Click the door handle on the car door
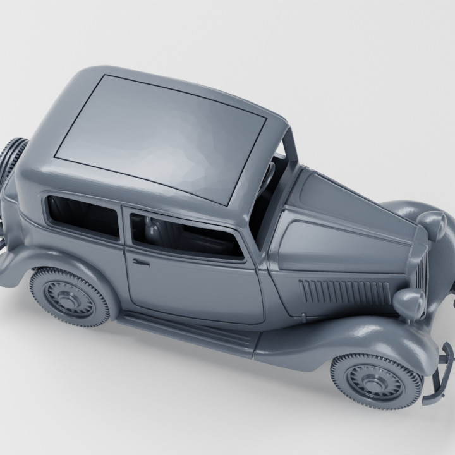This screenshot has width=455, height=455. [140, 261]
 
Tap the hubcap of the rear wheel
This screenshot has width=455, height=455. [71, 296]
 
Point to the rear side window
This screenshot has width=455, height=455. [83, 217]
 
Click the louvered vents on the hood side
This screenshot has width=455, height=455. [344, 292]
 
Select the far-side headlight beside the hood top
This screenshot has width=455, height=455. [435, 225]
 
